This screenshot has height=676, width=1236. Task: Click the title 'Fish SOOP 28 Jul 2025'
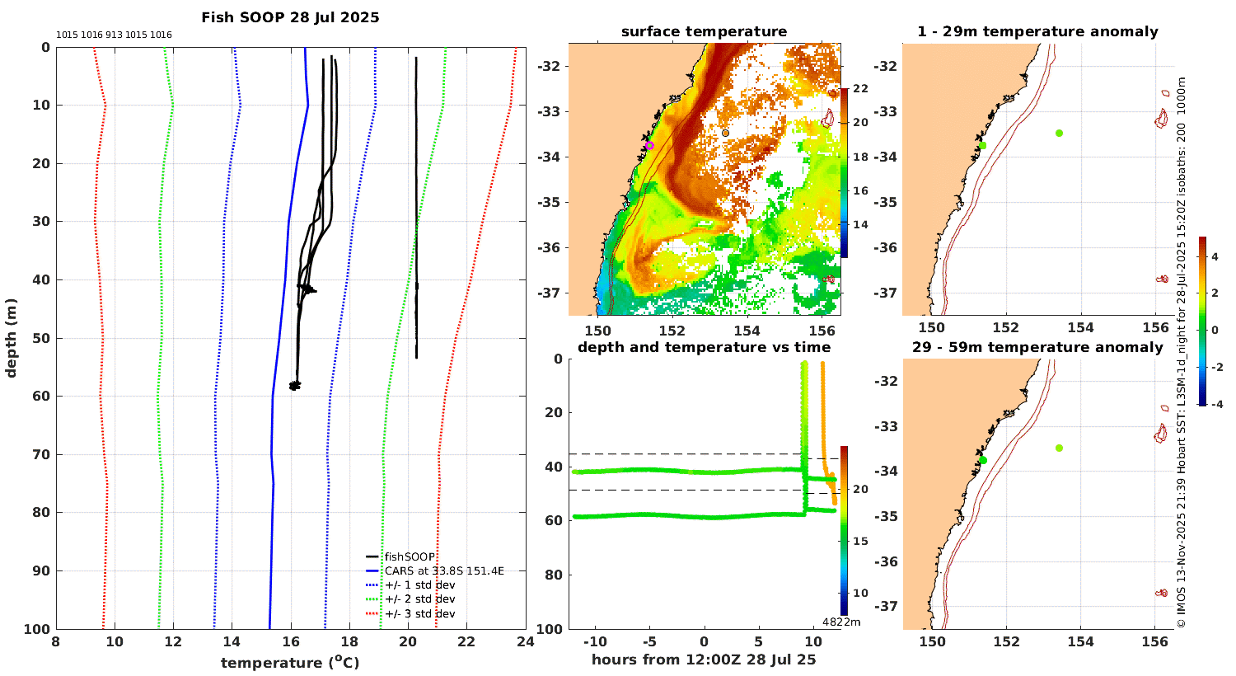(290, 17)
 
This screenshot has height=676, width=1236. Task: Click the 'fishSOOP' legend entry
(409, 557)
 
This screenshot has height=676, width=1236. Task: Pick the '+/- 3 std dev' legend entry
(419, 613)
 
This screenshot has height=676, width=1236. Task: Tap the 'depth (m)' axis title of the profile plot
(12, 338)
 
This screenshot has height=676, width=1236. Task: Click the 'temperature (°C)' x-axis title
(289, 663)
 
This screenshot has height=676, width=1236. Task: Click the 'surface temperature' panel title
(704, 32)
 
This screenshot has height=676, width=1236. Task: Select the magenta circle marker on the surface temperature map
(649, 145)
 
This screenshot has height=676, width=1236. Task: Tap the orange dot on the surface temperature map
(725, 133)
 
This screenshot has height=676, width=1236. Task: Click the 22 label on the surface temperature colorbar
(860, 89)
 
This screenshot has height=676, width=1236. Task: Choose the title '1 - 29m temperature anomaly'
(1037, 32)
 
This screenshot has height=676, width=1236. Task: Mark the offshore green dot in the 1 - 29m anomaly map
(1059, 133)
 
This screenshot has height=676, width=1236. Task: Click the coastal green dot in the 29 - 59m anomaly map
(982, 460)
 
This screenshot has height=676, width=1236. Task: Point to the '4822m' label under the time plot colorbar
(841, 622)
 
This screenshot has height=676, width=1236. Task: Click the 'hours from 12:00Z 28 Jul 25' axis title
(704, 660)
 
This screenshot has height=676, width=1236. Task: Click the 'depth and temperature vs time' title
(704, 347)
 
